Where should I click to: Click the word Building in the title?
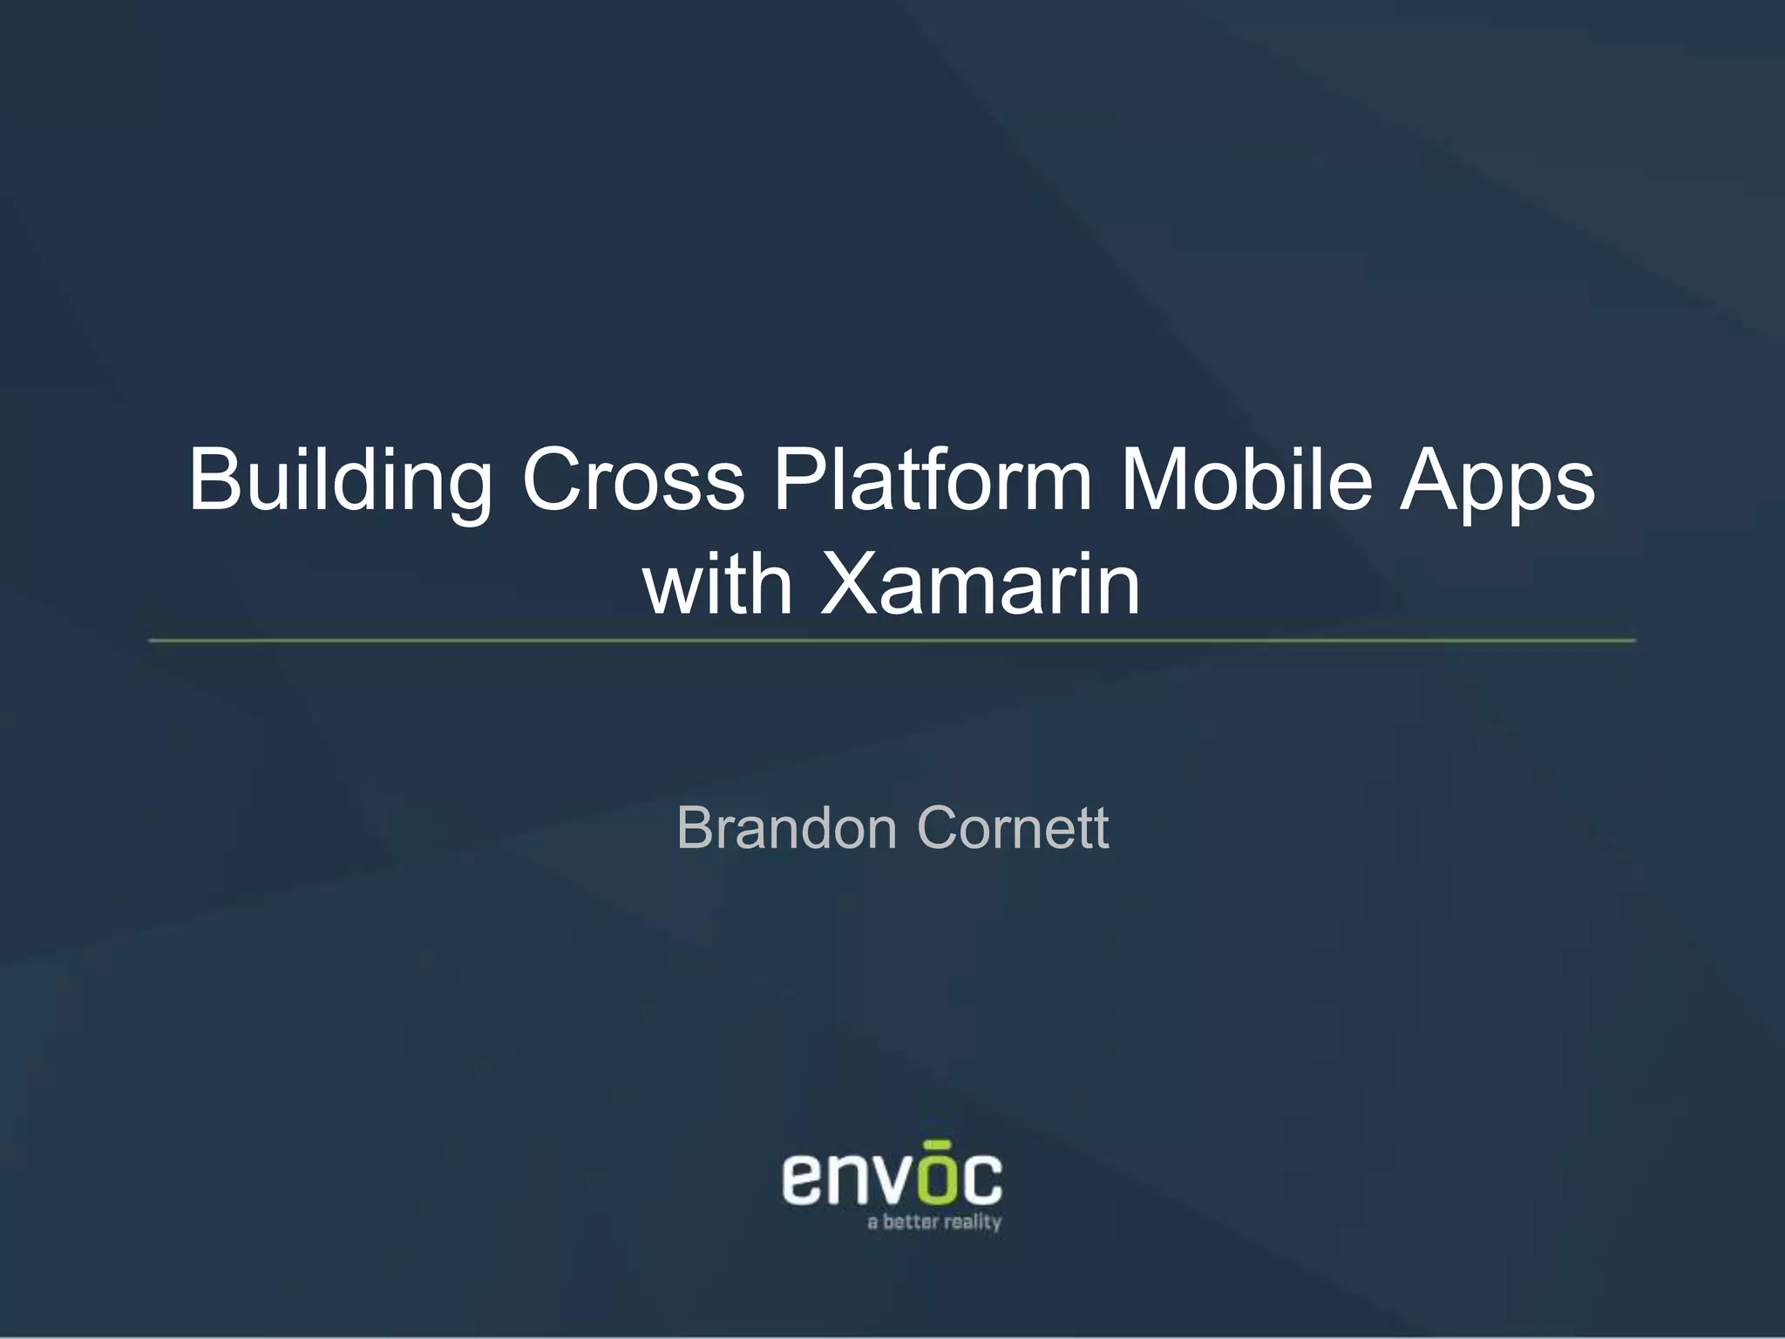340,481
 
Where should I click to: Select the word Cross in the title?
634,481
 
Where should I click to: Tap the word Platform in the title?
933,481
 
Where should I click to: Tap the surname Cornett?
1013,828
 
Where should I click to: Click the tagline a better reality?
934,1223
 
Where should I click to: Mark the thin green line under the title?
892,641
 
